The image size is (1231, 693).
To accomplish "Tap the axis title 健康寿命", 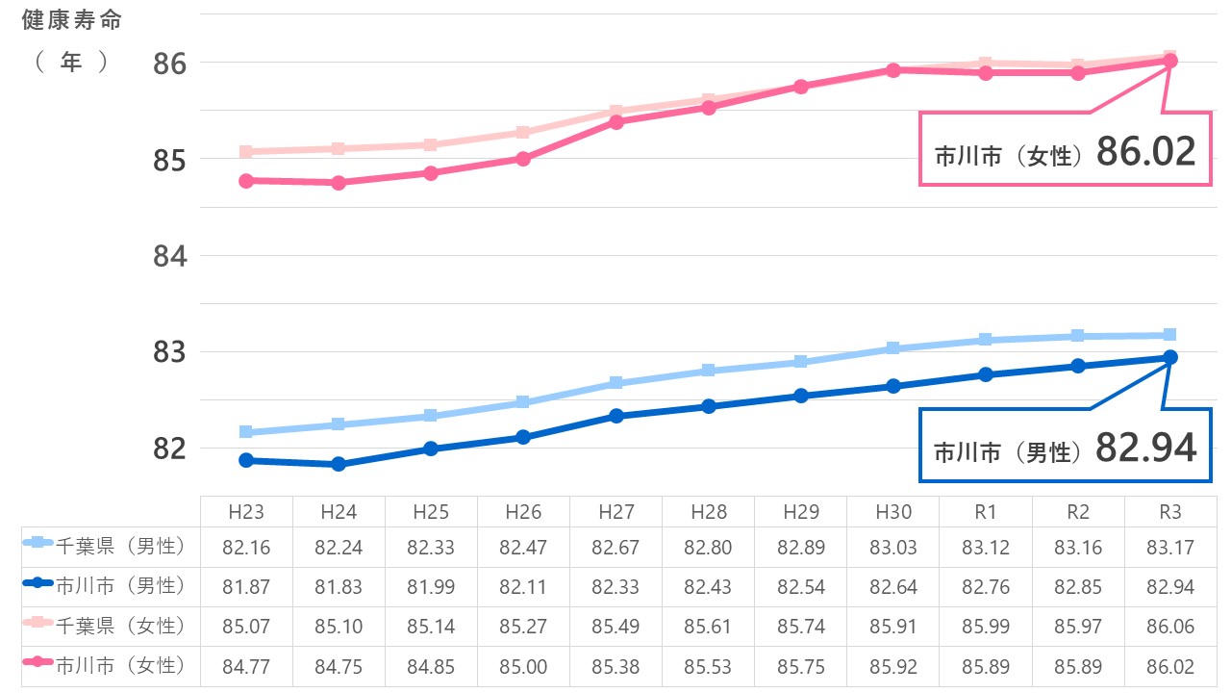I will point(72,19).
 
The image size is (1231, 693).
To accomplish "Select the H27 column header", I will point(615,511).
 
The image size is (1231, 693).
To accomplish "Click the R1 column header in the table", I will point(986,511).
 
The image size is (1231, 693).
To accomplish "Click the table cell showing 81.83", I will point(339,586).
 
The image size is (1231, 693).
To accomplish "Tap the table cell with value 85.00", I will point(523,665).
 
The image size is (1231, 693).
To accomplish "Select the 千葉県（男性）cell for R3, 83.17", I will point(1170,548).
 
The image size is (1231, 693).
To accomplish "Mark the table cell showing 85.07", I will point(246,626).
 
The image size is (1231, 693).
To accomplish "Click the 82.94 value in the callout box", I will point(1145,448).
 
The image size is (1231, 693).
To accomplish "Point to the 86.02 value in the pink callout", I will point(1145,151).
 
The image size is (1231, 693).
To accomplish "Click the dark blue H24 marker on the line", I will point(339,464).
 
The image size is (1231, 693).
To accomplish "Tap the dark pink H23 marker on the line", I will point(246,180).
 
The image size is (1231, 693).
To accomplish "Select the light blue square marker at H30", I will point(892,348).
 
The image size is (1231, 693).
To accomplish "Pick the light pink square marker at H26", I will point(523,132).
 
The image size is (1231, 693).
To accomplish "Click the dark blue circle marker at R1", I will point(986,374).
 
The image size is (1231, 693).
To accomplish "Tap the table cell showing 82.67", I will point(615,548).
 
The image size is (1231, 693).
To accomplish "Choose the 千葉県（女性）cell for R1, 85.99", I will point(986,626).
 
